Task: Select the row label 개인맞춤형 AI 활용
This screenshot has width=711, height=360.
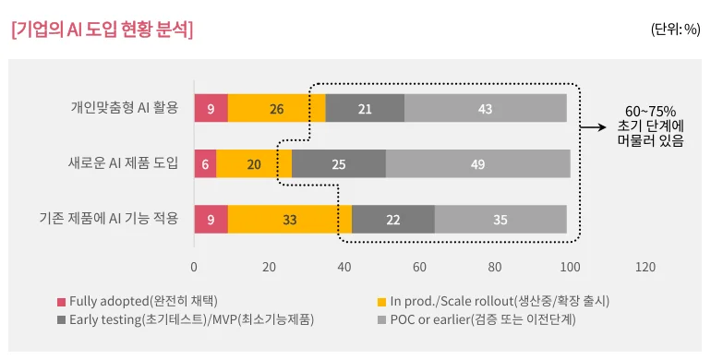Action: [x=124, y=108]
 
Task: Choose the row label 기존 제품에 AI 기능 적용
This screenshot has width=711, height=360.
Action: [x=109, y=219]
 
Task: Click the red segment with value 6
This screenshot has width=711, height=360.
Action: [x=205, y=163]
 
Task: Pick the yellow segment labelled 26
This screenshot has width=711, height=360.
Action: [x=276, y=108]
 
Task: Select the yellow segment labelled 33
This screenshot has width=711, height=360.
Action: [x=289, y=219]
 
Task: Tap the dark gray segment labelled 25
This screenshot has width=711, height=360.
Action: [x=338, y=163]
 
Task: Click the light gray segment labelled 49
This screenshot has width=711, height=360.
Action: [x=477, y=163]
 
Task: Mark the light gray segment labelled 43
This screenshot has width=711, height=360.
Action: [x=485, y=108]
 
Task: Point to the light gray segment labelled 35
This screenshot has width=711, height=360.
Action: [x=500, y=219]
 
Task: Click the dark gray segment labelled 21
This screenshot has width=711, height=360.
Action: [x=365, y=108]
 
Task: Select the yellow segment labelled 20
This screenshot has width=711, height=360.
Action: [x=254, y=163]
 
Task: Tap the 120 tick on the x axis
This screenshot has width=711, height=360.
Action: [x=645, y=267]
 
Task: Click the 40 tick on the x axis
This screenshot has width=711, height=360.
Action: [x=344, y=267]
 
